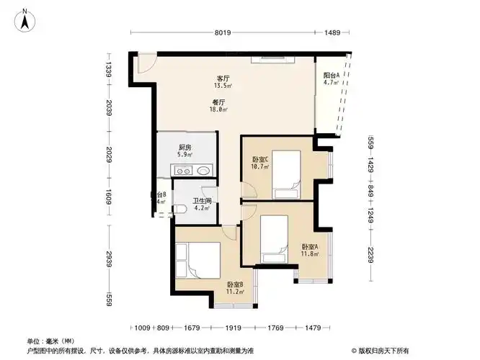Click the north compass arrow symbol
pyautogui.click(x=25, y=19)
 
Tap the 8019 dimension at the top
pyautogui.click(x=222, y=32)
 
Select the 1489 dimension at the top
pyautogui.click(x=332, y=32)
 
